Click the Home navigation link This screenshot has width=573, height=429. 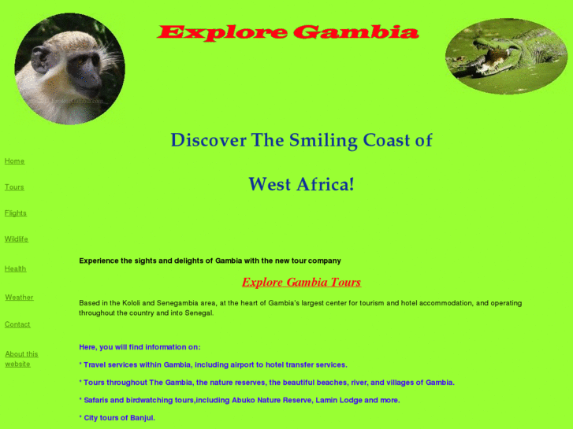point(14,161)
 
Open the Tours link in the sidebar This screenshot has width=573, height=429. point(14,187)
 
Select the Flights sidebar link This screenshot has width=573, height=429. point(16,213)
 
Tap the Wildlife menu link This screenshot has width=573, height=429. point(17,239)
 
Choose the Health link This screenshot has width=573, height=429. point(15,269)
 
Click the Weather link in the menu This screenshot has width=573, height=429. point(19,298)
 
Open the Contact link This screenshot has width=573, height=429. point(17,324)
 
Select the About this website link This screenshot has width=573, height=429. point(21,359)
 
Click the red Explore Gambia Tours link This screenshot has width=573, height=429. point(301,283)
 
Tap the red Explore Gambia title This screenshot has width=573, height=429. point(288,33)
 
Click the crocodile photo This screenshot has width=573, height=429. point(506,57)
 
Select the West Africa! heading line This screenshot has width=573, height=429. point(301,185)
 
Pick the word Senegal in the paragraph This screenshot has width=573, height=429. point(196,313)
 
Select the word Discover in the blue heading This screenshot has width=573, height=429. point(209,141)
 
